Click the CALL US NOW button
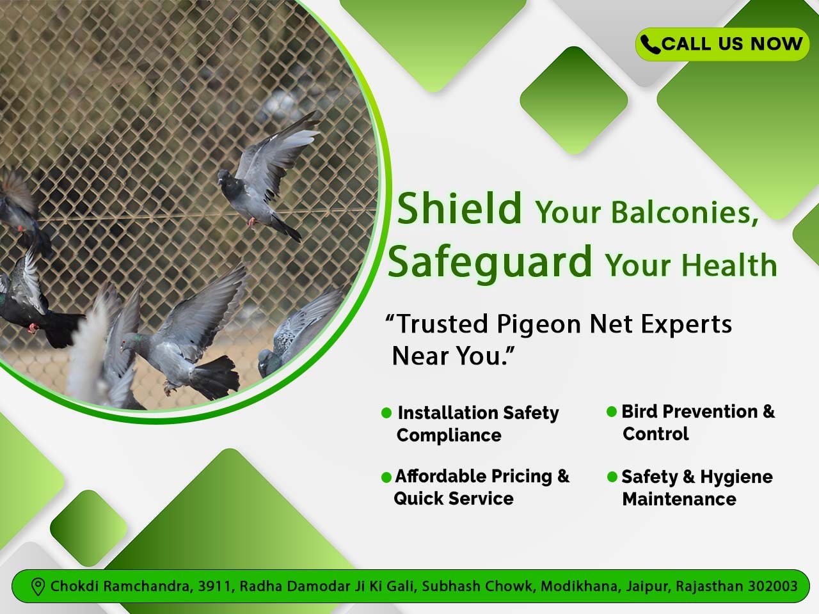click(x=722, y=44)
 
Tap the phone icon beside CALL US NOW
click(x=649, y=44)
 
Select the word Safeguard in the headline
click(x=490, y=262)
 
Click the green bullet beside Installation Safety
click(x=386, y=413)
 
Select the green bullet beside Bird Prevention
click(x=612, y=411)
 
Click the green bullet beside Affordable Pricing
click(x=386, y=477)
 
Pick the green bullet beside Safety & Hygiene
click(x=612, y=477)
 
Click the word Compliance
click(x=449, y=435)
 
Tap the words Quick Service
click(x=454, y=498)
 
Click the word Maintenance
click(x=679, y=499)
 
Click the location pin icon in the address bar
click(x=38, y=586)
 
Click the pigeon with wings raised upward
click(x=269, y=173)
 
